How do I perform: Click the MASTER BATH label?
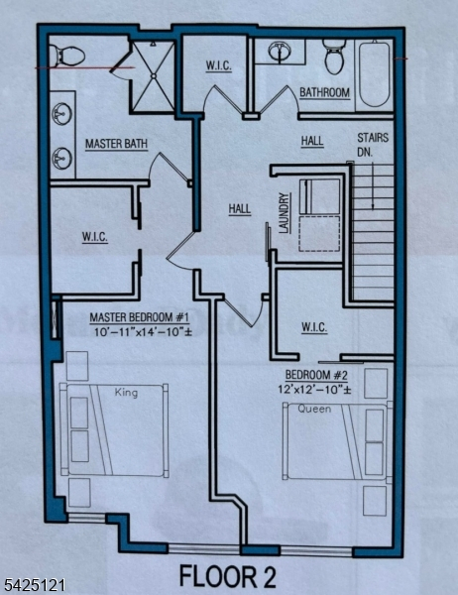tap(116, 144)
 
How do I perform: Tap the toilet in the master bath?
tap(67, 56)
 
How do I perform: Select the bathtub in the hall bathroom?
tap(375, 74)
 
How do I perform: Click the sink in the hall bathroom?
tap(280, 52)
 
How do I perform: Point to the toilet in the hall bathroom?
tap(334, 57)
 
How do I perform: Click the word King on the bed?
tap(126, 392)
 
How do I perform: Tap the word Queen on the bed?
tap(314, 409)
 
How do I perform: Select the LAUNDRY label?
tap(285, 213)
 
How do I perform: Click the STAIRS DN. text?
tap(372, 144)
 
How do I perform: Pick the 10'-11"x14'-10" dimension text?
tap(144, 332)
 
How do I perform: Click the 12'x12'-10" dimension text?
tap(314, 389)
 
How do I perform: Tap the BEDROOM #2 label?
tap(316, 375)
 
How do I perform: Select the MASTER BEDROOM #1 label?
tap(139, 317)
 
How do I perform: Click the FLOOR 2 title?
tap(227, 576)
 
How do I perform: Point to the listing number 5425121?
tap(34, 584)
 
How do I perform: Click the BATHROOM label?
tap(324, 93)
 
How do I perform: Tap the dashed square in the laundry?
tap(319, 233)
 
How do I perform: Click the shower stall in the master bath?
tap(153, 76)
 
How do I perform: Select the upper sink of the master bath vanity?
tap(61, 113)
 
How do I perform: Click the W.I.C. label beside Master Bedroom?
tap(95, 238)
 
